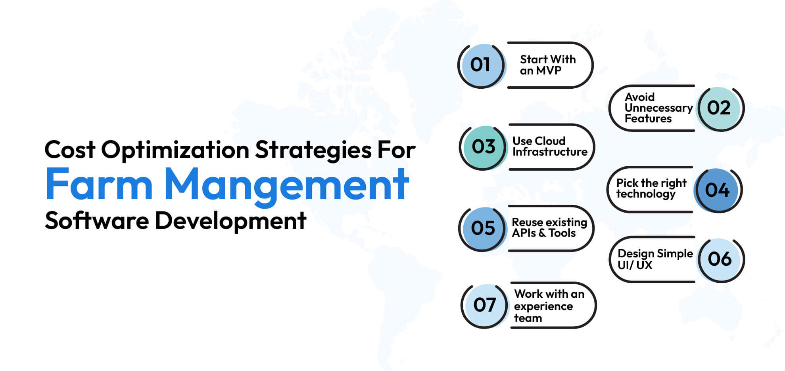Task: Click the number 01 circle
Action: click(x=480, y=65)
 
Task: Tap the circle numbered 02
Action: click(x=719, y=108)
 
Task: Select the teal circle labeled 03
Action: click(x=483, y=147)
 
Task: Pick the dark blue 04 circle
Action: click(x=717, y=190)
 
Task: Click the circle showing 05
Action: click(x=483, y=228)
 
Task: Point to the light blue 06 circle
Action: click(x=720, y=259)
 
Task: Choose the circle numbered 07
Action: click(x=484, y=305)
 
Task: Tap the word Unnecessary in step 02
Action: click(x=658, y=108)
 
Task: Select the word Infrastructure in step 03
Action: click(x=550, y=152)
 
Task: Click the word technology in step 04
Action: click(x=645, y=194)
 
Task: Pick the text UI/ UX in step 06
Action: click(x=635, y=265)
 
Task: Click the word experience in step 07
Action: click(x=543, y=306)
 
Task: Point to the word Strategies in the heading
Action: click(x=313, y=150)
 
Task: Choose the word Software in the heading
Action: click(x=97, y=221)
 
